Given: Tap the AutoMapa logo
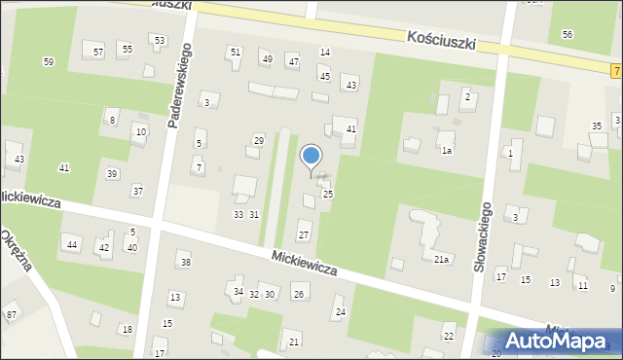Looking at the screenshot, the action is click(558, 340).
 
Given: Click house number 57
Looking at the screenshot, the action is click(98, 51).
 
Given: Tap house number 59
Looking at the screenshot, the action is click(49, 62).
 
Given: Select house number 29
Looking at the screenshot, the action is click(258, 140).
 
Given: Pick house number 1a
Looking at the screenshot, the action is click(447, 151).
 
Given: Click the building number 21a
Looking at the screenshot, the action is click(442, 259).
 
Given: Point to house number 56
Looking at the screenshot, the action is click(568, 34).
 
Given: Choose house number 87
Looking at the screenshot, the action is click(12, 314).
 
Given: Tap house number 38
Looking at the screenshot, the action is click(185, 263).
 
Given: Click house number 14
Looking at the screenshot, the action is click(325, 52).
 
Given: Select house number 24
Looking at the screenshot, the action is click(340, 312).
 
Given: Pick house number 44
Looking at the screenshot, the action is click(72, 244).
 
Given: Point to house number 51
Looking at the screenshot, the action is click(235, 51).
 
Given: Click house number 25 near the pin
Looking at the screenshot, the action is click(328, 195).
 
